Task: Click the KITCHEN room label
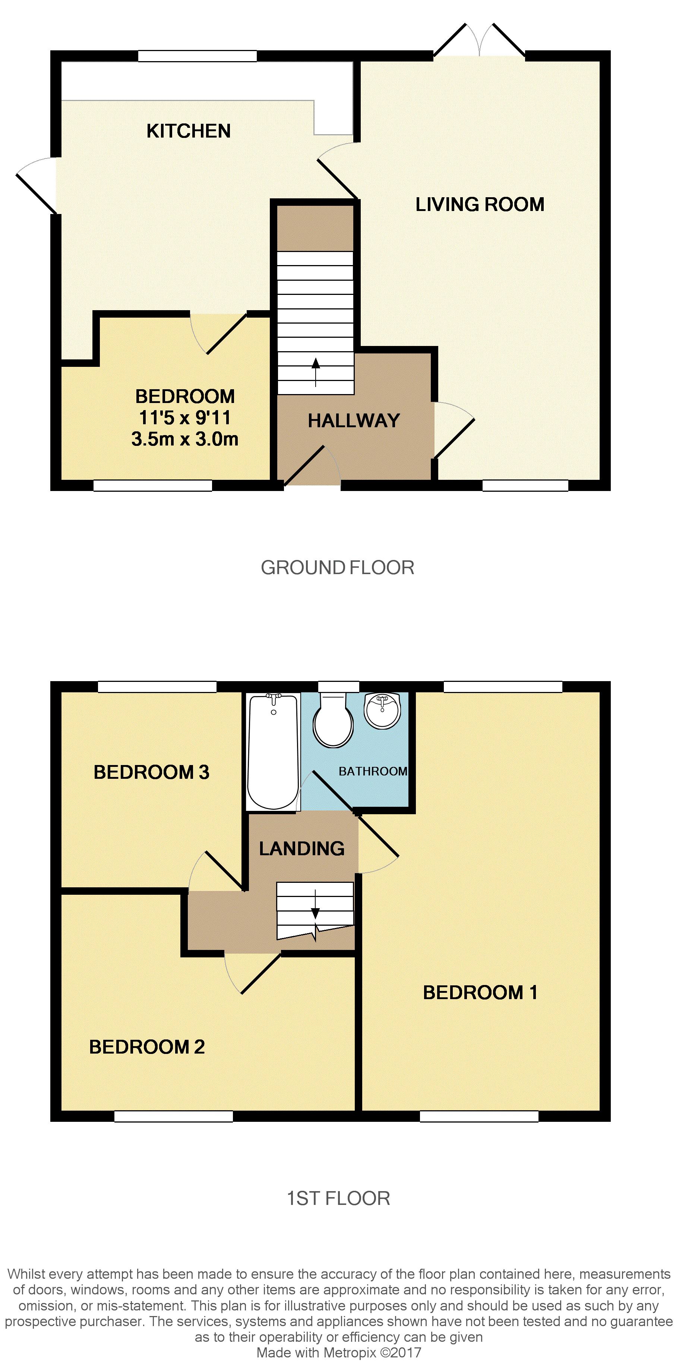tap(188, 131)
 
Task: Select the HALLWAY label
tap(354, 421)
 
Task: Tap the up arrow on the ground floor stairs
tap(316, 370)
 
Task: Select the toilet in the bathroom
tap(333, 721)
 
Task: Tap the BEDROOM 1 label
tap(480, 992)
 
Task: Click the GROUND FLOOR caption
tap(337, 568)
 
